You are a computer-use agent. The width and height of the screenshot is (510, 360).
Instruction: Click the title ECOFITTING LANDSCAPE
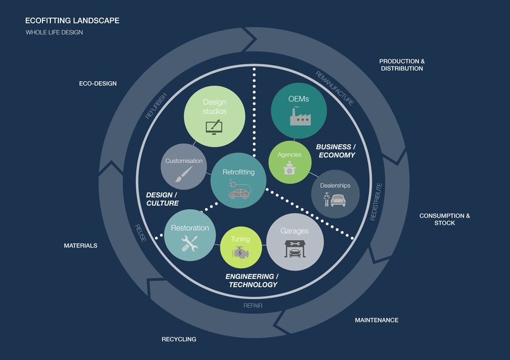72,20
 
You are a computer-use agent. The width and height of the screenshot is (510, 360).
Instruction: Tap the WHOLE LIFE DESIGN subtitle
54,32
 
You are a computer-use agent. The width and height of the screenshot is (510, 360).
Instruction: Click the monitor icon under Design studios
214,128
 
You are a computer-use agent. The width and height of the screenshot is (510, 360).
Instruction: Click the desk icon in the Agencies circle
289,170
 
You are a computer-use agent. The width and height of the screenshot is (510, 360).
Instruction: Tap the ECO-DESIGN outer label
98,84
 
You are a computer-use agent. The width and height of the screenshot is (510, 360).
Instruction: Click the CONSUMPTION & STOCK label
444,219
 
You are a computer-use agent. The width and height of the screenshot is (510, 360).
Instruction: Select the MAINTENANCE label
377,320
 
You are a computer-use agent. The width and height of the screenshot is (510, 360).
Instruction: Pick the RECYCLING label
178,339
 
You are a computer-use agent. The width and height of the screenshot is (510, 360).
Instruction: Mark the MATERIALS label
81,246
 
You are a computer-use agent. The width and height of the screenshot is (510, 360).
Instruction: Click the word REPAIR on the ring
253,305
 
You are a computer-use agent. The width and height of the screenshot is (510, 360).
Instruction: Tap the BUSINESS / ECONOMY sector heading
336,151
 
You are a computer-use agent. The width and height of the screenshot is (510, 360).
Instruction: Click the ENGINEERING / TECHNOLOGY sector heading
252,280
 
